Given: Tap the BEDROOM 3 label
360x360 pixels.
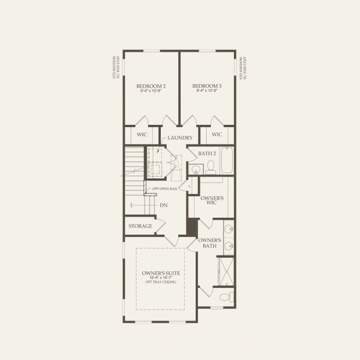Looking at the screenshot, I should click(207, 86).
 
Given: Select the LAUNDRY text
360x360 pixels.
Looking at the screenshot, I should click(180, 137).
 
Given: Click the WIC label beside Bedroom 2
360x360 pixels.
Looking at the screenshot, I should click(142, 134).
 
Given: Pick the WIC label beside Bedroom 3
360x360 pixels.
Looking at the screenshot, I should click(217, 134).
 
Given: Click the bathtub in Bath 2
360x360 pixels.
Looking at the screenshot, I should click(227, 160).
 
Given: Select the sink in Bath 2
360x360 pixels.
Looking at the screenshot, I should click(194, 170).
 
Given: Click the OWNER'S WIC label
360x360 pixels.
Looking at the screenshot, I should click(212, 200).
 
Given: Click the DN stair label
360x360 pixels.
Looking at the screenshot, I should click(163, 206).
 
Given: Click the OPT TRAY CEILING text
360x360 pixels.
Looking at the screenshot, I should click(161, 282).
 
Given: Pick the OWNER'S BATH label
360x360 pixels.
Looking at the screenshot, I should click(212, 243).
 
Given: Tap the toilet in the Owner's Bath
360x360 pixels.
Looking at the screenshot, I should click(225, 297).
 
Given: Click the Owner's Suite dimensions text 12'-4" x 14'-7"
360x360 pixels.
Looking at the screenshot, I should click(161, 278).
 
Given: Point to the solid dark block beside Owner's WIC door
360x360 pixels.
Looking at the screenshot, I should click(192, 227).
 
